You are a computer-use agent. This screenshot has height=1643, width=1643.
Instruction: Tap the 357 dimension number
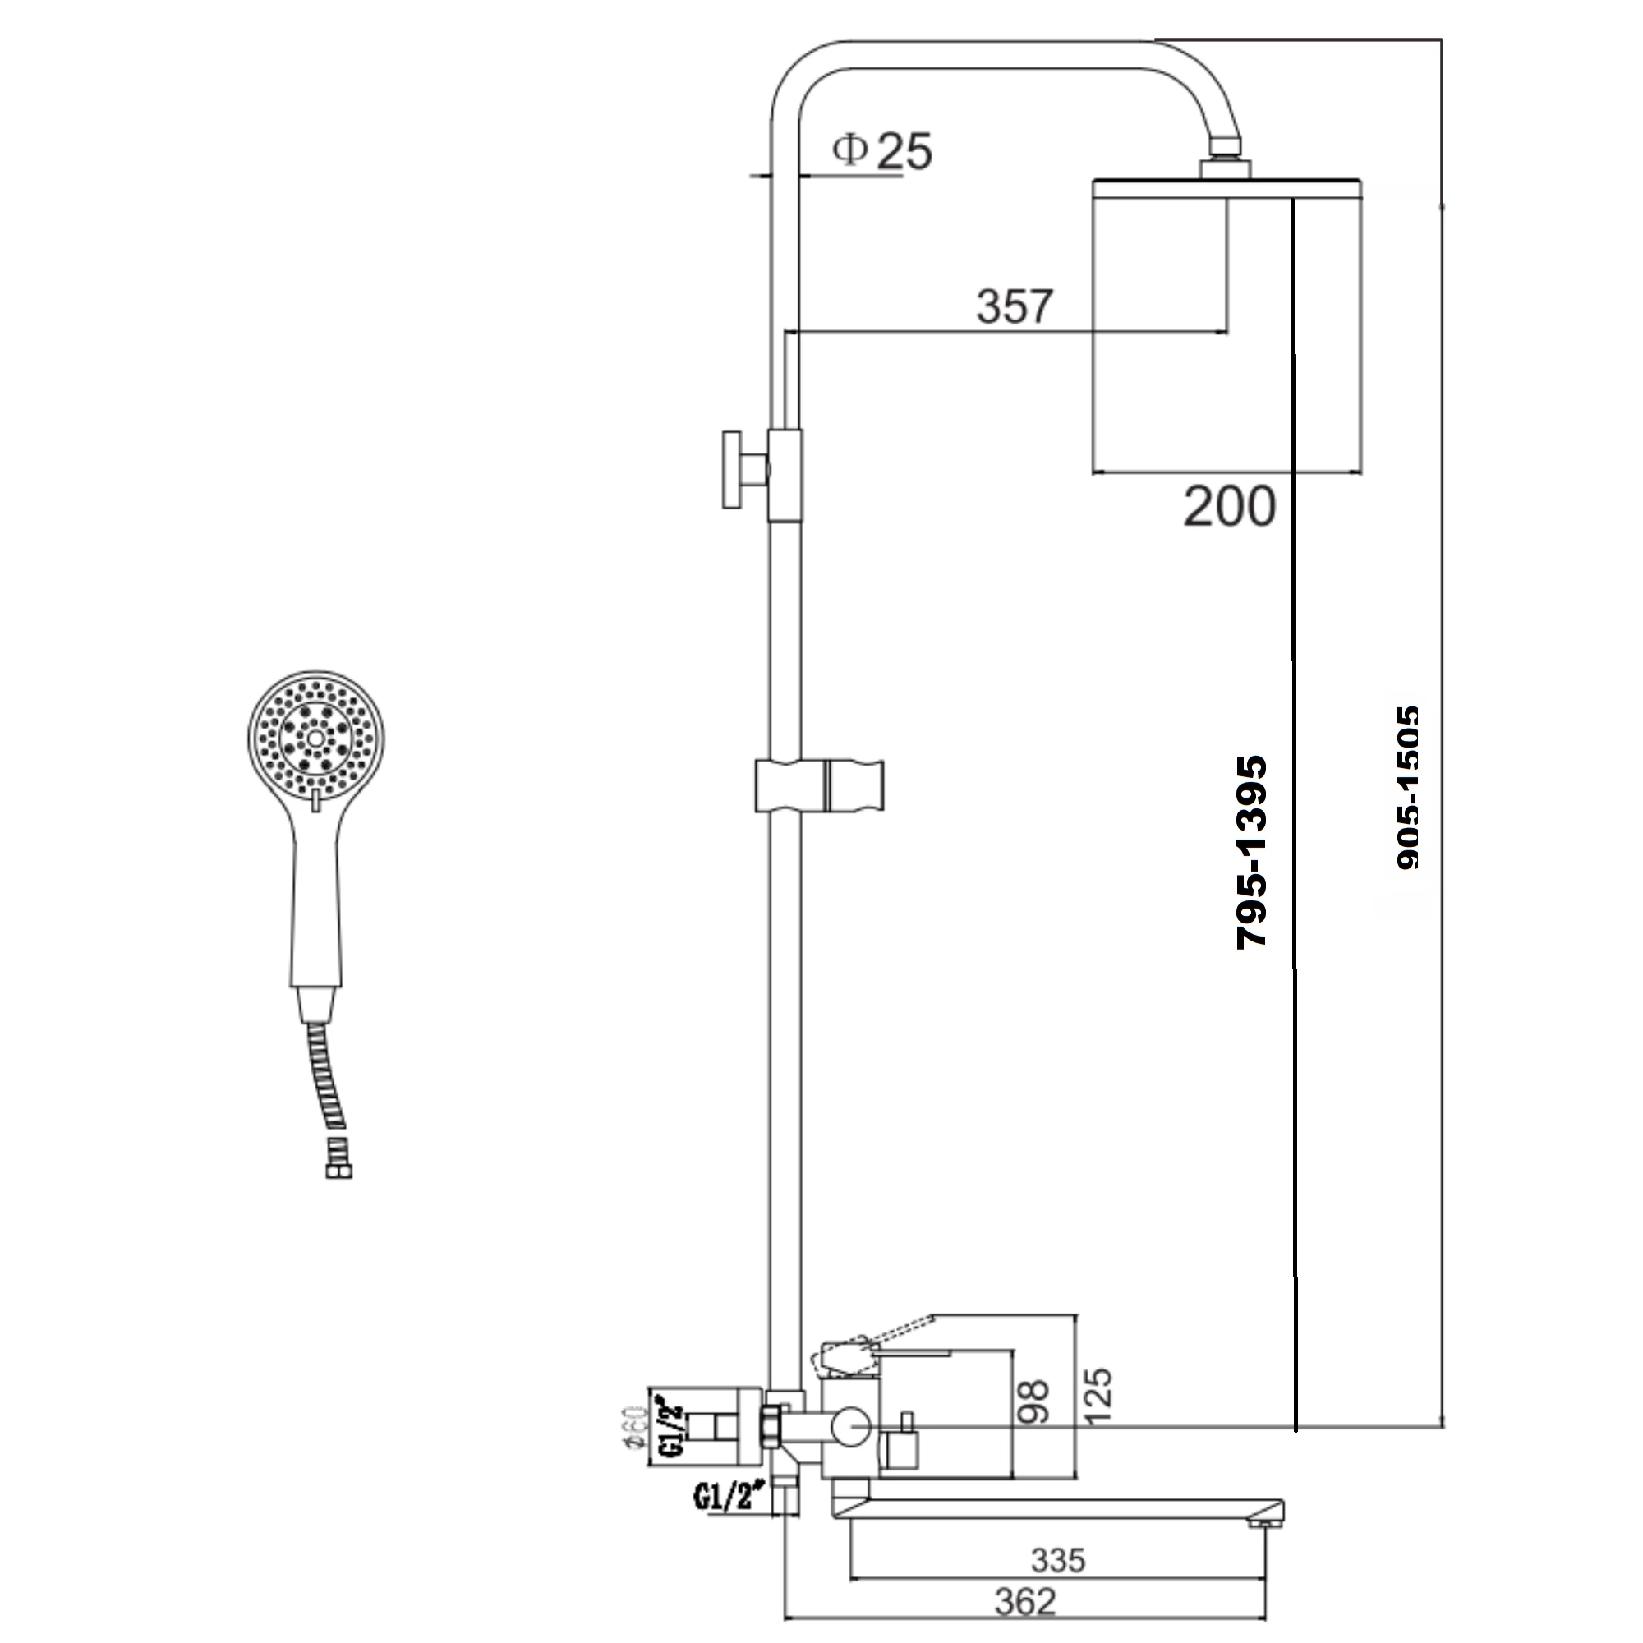(1014, 306)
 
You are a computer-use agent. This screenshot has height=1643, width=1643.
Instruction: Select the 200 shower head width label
(1229, 507)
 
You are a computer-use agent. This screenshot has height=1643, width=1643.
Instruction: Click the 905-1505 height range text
(1407, 788)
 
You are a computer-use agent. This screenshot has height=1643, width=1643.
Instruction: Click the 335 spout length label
(1058, 1561)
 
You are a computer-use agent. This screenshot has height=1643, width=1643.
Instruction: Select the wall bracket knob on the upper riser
(733, 469)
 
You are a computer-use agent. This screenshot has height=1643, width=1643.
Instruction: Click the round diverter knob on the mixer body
(850, 1426)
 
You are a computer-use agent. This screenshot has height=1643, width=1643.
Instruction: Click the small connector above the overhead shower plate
(1225, 167)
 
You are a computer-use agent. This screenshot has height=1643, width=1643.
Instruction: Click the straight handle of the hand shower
(317, 901)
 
